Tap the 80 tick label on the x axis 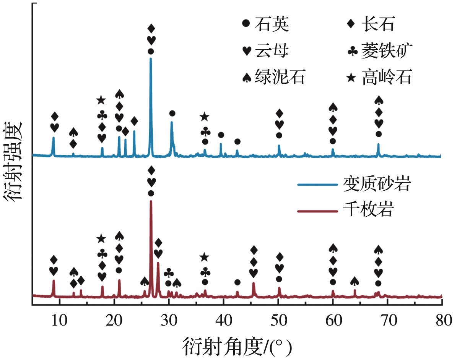[x=441, y=317]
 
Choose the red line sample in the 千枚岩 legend [x=317, y=211]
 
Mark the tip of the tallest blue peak [x=151, y=58]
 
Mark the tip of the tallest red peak [x=151, y=201]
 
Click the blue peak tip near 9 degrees [x=53, y=137]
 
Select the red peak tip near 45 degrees [x=253, y=283]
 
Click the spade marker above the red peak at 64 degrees [x=355, y=282]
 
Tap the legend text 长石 [x=377, y=25]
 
